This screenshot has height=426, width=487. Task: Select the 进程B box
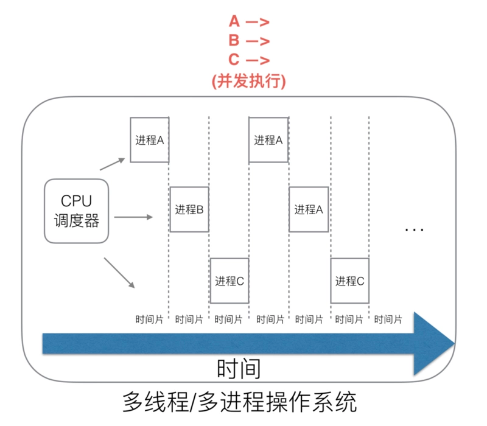(x=189, y=209)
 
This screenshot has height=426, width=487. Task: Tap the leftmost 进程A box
(x=149, y=140)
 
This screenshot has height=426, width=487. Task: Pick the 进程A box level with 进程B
(x=308, y=209)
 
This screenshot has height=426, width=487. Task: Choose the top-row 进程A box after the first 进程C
(x=268, y=140)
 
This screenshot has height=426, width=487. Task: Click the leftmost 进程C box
(x=229, y=281)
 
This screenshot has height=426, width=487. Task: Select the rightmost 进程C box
(x=349, y=281)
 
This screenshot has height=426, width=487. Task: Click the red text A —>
(x=249, y=23)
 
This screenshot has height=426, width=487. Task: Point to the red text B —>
(x=249, y=41)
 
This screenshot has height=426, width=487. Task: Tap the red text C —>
(x=249, y=60)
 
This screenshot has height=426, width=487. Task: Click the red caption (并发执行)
(x=248, y=81)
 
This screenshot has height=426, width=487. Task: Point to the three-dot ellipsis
(x=414, y=230)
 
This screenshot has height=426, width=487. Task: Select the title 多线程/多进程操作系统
(x=239, y=402)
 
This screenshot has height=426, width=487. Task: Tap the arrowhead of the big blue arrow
(x=433, y=343)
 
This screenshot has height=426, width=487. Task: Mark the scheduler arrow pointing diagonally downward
(x=119, y=271)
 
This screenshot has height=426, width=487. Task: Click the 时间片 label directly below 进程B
(x=189, y=319)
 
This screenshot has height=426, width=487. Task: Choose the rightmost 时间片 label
(x=388, y=319)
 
